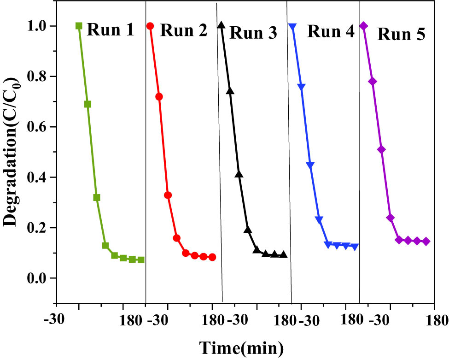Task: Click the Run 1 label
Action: pos(111,30)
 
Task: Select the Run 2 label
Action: pos(184,31)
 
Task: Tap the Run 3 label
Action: pos(253,33)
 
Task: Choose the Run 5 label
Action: pos(401,34)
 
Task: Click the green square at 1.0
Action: pos(79,26)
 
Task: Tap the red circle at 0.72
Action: pos(159,97)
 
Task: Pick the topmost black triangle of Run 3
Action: pos(222,25)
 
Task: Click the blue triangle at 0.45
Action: pos(310,165)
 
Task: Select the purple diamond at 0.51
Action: pos(381,149)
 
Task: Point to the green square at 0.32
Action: pos(97,197)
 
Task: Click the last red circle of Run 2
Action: pos(212,257)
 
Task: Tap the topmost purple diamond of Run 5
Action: pos(364,26)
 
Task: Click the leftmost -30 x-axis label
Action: pos(56,320)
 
